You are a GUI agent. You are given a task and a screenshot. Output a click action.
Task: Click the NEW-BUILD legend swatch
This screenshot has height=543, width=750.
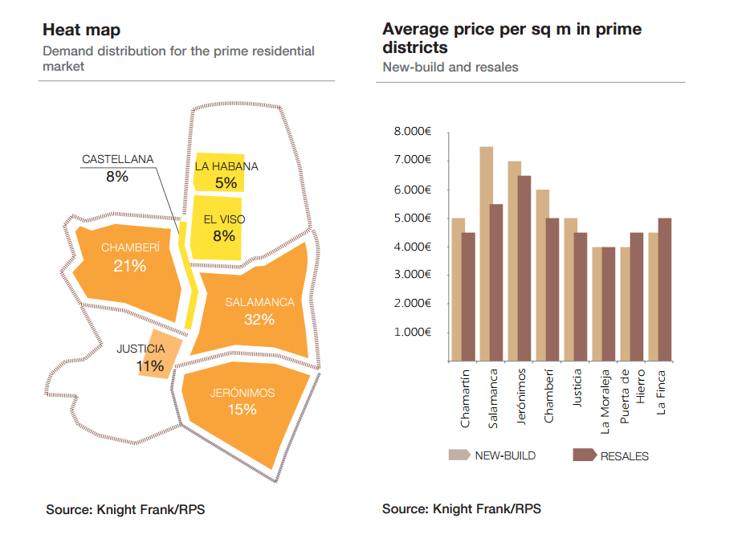click(459, 455)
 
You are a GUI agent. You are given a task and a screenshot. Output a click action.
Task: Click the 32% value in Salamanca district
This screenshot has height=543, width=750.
click(259, 320)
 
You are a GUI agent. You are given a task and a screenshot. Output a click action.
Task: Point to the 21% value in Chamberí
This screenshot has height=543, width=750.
click(130, 265)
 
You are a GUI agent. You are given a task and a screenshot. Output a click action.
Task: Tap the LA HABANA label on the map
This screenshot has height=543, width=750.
click(226, 166)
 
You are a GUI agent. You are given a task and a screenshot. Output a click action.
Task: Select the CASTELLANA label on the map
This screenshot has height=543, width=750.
click(117, 159)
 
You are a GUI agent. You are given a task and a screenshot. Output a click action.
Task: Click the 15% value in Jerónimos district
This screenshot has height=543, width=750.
click(242, 410)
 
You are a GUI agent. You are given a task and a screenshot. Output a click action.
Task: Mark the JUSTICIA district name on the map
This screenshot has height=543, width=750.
click(141, 349)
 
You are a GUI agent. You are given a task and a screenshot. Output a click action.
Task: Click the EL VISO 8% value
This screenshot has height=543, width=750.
click(224, 236)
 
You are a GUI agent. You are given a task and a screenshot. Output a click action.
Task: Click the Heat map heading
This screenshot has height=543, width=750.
click(82, 31)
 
